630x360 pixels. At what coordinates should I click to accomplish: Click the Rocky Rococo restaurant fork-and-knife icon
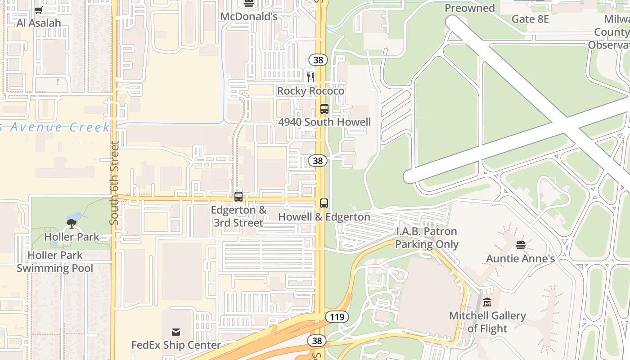pyautogui.click(x=310, y=77)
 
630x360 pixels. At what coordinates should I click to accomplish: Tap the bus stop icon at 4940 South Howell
pyautogui.click(x=324, y=109)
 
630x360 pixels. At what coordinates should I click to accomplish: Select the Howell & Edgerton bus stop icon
pyautogui.click(x=324, y=203)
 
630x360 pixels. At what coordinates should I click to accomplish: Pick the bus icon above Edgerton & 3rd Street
pyautogui.click(x=238, y=197)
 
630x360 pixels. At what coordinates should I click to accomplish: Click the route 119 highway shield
pyautogui.click(x=337, y=317)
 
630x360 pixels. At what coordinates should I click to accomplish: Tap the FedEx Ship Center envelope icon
pyautogui.click(x=176, y=332)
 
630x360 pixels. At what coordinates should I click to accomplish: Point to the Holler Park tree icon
pyautogui.click(x=71, y=223)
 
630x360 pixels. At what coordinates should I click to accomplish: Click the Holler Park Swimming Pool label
pyautogui.click(x=55, y=261)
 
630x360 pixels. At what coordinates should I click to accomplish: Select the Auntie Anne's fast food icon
pyautogui.click(x=521, y=245)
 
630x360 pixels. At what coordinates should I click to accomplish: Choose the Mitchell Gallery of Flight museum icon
pyautogui.click(x=487, y=302)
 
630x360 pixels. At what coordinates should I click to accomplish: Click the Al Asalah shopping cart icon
pyautogui.click(x=39, y=10)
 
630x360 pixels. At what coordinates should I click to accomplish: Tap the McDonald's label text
pyautogui.click(x=248, y=17)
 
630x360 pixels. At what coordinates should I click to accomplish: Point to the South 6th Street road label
pyautogui.click(x=114, y=183)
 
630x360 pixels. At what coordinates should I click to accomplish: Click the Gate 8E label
pyautogui.click(x=530, y=19)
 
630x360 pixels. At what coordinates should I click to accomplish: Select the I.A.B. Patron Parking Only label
pyautogui.click(x=426, y=238)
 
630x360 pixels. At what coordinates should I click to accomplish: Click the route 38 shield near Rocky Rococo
pyautogui.click(x=318, y=60)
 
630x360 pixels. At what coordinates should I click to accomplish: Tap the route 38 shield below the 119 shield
pyautogui.click(x=317, y=341)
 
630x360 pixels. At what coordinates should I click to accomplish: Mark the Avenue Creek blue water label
pyautogui.click(x=54, y=127)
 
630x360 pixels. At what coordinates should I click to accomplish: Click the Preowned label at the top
pyautogui.click(x=469, y=8)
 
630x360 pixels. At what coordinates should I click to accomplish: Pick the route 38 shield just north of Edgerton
pyautogui.click(x=318, y=161)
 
